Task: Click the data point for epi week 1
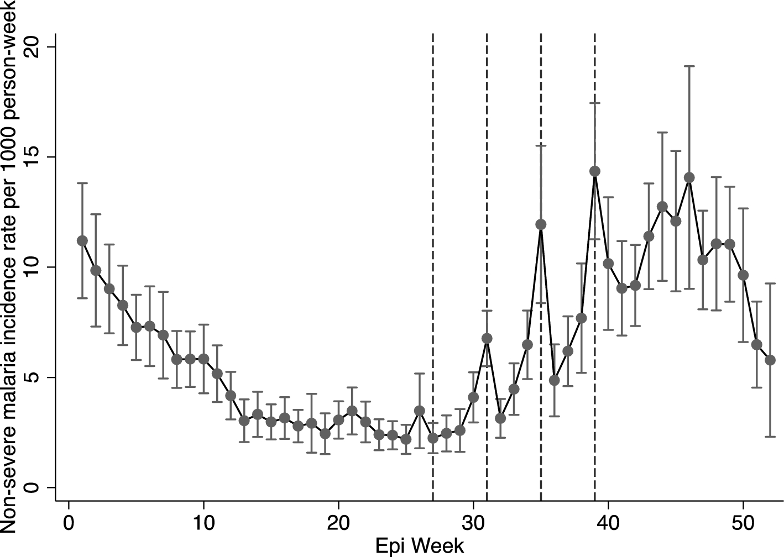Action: click(82, 240)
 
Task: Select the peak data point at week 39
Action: click(595, 171)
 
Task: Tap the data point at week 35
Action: click(541, 224)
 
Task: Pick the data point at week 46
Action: click(689, 177)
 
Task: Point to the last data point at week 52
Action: click(770, 360)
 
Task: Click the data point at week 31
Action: click(487, 338)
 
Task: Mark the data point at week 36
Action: click(555, 380)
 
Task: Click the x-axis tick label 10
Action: click(203, 522)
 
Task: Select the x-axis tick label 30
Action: click(473, 522)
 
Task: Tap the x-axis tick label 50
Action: click(743, 522)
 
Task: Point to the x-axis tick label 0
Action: click(69, 522)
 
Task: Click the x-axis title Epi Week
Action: click(420, 547)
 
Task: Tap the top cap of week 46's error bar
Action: click(689, 66)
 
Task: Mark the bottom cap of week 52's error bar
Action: click(770, 437)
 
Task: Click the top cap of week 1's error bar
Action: click(82, 183)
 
